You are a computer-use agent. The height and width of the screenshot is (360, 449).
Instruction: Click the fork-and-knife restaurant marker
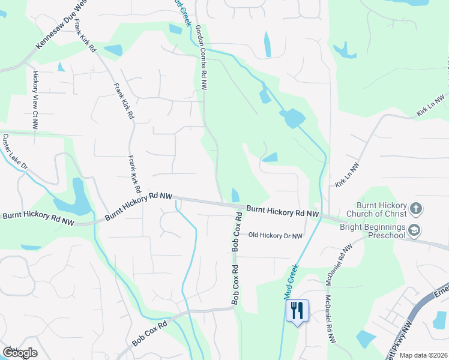pyautogui.click(x=297, y=311)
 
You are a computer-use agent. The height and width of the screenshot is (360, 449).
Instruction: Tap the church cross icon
pyautogui.click(x=415, y=209)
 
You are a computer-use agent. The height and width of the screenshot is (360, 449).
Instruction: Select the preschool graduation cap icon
pyautogui.click(x=415, y=230)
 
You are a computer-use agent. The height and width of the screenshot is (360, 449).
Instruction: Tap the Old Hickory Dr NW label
pyautogui.click(x=276, y=236)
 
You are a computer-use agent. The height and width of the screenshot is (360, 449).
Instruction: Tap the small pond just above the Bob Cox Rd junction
pyautogui.click(x=235, y=195)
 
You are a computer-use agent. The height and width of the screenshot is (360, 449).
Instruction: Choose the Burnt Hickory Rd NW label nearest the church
pyautogui.click(x=282, y=211)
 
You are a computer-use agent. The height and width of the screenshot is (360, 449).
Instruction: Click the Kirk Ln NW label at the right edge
pyautogui.click(x=432, y=106)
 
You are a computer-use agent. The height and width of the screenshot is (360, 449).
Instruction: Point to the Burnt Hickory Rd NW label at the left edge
pyautogui.click(x=37, y=217)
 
